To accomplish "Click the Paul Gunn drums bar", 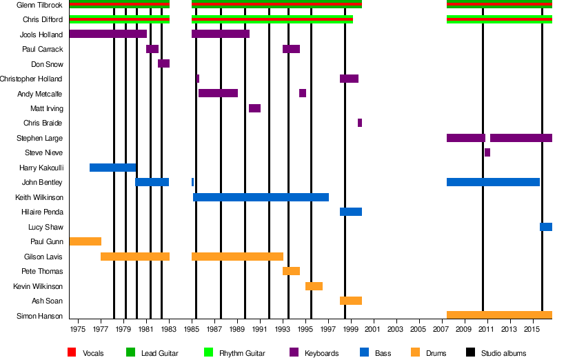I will pos(85,241).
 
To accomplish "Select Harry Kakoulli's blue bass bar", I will pos(112,168).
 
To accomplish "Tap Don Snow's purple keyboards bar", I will pos(163,63).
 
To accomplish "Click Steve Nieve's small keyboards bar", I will pos(487,152).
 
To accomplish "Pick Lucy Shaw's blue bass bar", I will pos(546,227).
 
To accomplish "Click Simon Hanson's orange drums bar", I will pos(499,315).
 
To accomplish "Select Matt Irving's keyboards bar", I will pos(254,108).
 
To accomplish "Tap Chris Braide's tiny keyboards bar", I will pos(360,123).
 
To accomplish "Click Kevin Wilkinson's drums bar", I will pos(314,286).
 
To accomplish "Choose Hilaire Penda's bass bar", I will pos(351,212).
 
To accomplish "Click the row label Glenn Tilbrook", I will pos(39,5).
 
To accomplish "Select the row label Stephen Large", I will pos(39,138).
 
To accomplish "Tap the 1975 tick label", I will pos(78,330).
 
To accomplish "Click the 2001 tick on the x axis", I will pos(374,330).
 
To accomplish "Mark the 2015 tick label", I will pos(532,330).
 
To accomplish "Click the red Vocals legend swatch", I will pos(72,353).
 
